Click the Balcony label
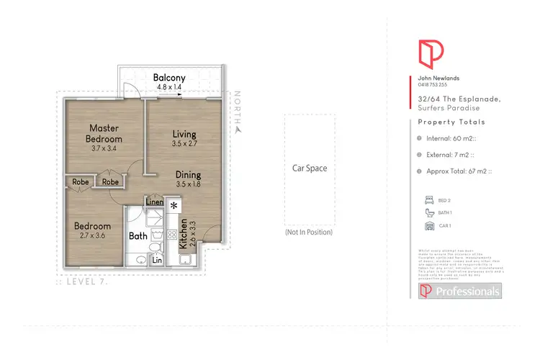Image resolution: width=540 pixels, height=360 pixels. [169, 78]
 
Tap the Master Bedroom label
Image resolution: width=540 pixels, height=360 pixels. [104, 133]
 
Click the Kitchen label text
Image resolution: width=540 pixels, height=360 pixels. [184, 234]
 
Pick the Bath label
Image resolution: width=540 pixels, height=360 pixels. [138, 235]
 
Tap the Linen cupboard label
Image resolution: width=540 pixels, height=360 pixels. [154, 202]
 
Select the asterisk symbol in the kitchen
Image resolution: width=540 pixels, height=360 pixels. [173, 205]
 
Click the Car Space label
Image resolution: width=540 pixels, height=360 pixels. [309, 168]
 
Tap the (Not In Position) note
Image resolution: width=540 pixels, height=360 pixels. [309, 233]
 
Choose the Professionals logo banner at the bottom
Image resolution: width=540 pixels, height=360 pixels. [459, 292]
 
